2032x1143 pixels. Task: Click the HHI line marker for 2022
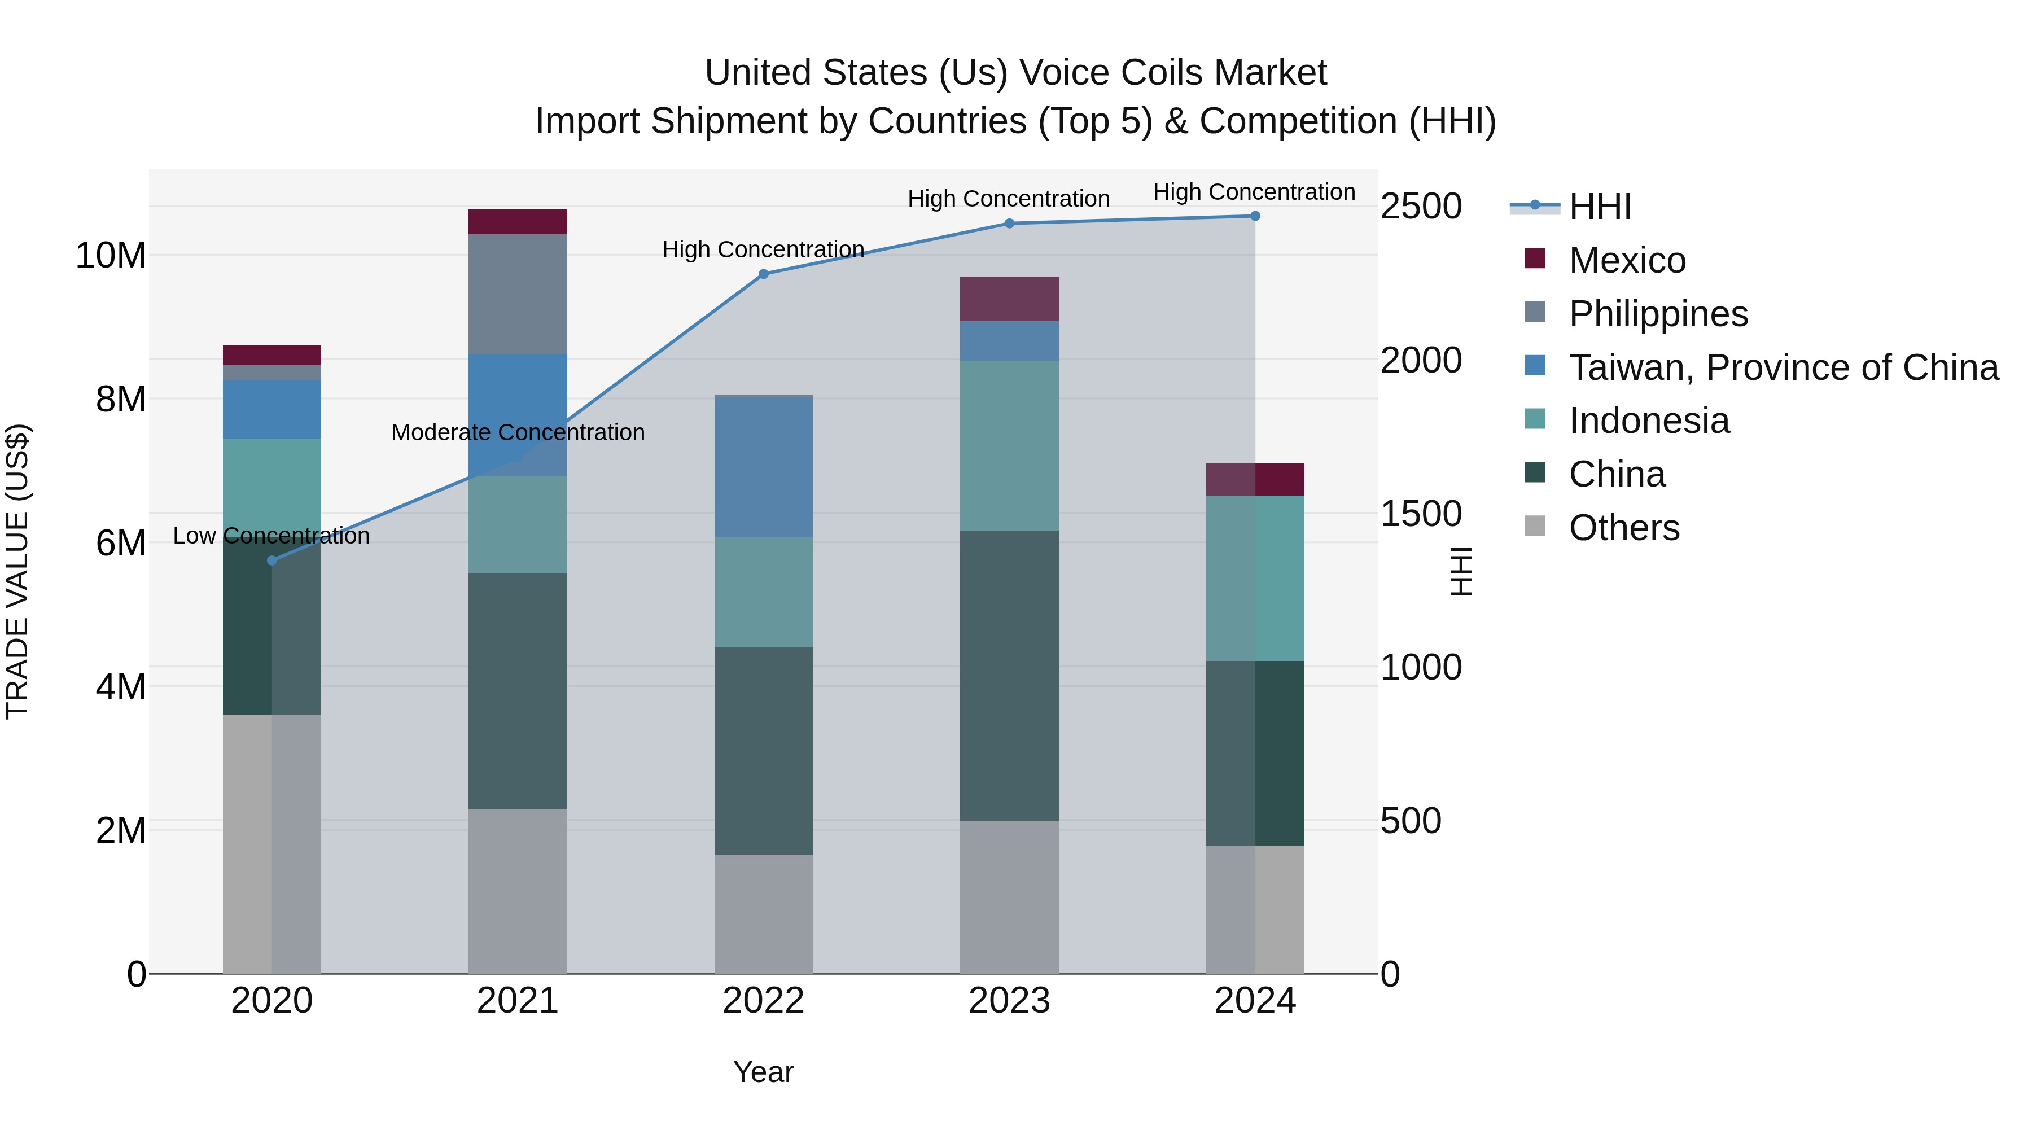pyautogui.click(x=763, y=274)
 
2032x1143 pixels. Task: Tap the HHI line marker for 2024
pyautogui.click(x=1254, y=216)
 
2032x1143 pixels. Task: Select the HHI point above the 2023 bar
pyautogui.click(x=1009, y=223)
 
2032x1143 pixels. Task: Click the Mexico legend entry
pyautogui.click(x=1627, y=260)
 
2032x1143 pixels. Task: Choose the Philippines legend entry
pyautogui.click(x=1657, y=314)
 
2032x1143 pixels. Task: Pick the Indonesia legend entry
pyautogui.click(x=1649, y=421)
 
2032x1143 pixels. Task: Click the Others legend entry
pyautogui.click(x=1623, y=528)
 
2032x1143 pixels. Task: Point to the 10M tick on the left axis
pyautogui.click(x=111, y=256)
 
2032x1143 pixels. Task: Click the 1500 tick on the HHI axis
pyautogui.click(x=1421, y=514)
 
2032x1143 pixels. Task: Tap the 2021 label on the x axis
pyautogui.click(x=518, y=1001)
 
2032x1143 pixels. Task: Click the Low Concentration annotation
pyautogui.click(x=270, y=536)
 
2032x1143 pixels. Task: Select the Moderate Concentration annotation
pyautogui.click(x=518, y=432)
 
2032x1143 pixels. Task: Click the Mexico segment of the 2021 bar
pyautogui.click(x=518, y=222)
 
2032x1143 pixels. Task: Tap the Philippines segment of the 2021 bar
pyautogui.click(x=518, y=294)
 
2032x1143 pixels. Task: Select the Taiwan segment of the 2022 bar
pyautogui.click(x=763, y=466)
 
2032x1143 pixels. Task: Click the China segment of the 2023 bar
pyautogui.click(x=1009, y=675)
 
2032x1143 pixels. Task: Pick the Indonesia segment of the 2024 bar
pyautogui.click(x=1254, y=577)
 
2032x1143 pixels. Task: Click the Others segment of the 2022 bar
pyautogui.click(x=763, y=913)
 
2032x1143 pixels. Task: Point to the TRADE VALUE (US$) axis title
pyautogui.click(x=17, y=571)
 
